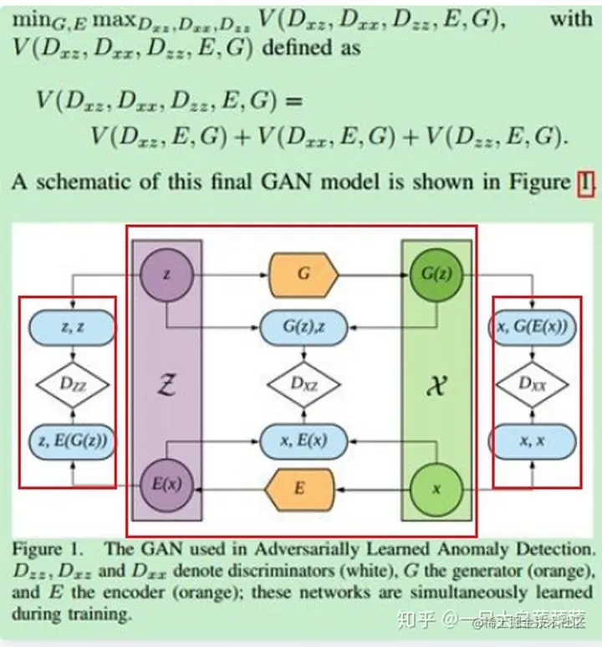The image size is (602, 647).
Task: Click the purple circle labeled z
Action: [165, 273]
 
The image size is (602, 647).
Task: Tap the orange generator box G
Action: [302, 273]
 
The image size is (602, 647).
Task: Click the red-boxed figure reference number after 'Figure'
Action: [585, 182]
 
